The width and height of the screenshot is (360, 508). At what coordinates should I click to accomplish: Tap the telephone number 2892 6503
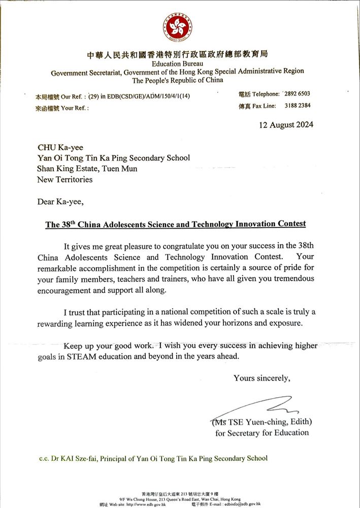tap(296, 94)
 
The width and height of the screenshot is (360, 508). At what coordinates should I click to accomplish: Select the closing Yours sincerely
tap(262, 378)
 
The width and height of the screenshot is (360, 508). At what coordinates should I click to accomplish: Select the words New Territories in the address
tap(65, 179)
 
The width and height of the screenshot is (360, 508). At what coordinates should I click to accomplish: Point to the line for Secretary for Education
tap(262, 433)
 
